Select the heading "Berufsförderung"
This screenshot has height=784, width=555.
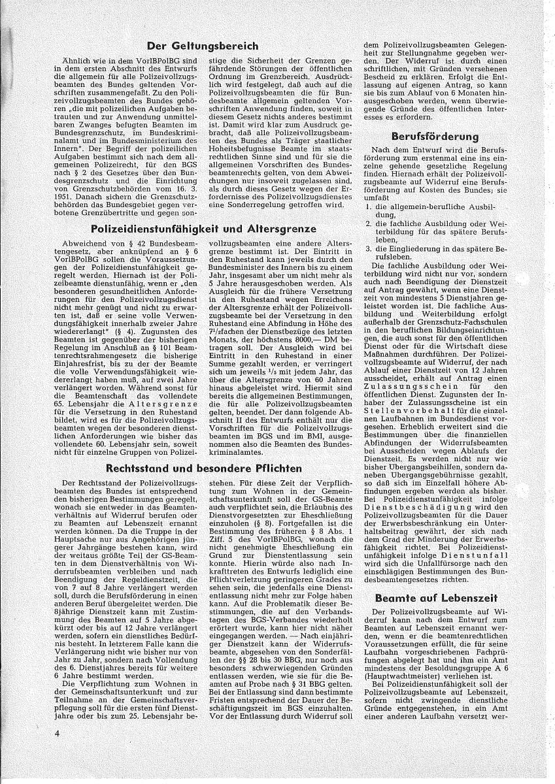434,137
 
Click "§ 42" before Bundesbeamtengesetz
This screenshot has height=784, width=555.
127,243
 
